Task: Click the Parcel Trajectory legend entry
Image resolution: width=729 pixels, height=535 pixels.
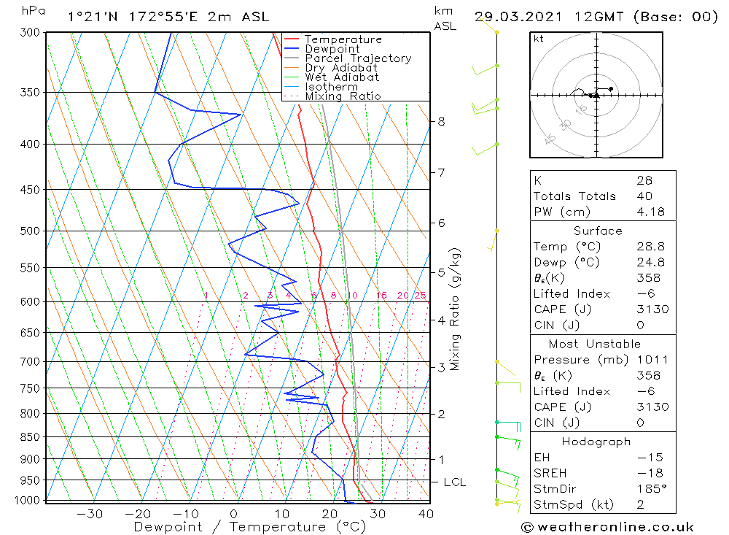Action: tap(358, 58)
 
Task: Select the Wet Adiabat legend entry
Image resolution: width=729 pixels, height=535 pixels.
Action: tap(342, 77)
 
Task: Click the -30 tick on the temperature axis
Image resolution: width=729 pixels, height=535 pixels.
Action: tap(90, 514)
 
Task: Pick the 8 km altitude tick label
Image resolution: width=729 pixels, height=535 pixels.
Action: tap(442, 121)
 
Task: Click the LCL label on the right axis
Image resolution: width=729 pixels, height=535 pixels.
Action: tap(454, 482)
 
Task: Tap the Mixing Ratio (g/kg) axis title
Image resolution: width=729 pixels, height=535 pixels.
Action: tap(456, 309)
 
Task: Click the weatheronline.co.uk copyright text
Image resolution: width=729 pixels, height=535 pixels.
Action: tap(607, 527)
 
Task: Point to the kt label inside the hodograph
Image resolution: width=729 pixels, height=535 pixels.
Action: tap(539, 39)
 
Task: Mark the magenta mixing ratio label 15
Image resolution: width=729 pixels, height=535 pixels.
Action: tap(381, 296)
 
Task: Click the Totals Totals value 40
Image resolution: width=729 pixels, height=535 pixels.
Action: tap(644, 196)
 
